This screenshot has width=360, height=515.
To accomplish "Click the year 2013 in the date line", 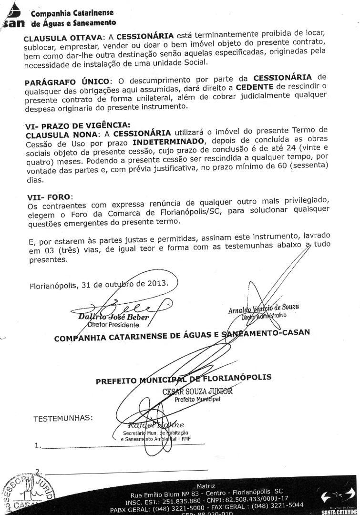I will [158, 283].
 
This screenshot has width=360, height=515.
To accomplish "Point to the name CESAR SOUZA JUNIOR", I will [197, 391].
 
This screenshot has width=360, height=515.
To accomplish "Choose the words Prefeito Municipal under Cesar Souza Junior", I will [197, 399].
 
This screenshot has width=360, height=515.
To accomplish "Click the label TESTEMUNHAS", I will [63, 419].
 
